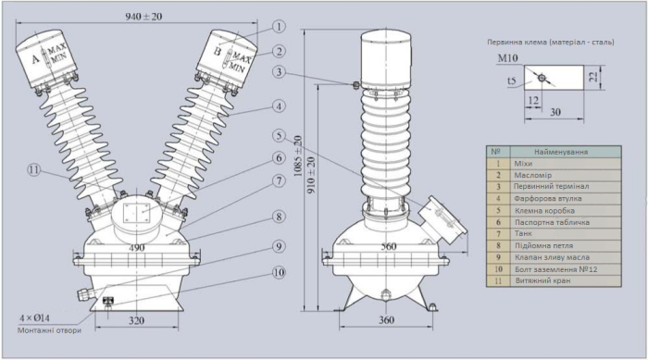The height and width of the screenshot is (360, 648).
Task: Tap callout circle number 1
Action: pos(279,28)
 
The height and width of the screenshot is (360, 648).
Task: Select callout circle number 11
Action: pos(33,169)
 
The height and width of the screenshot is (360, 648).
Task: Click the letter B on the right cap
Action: pos(218,52)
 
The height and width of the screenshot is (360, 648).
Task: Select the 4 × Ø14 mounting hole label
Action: pos(37,318)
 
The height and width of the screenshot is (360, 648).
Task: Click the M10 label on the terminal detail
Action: pos(506,58)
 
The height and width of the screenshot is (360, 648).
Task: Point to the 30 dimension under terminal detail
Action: pos(554,111)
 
